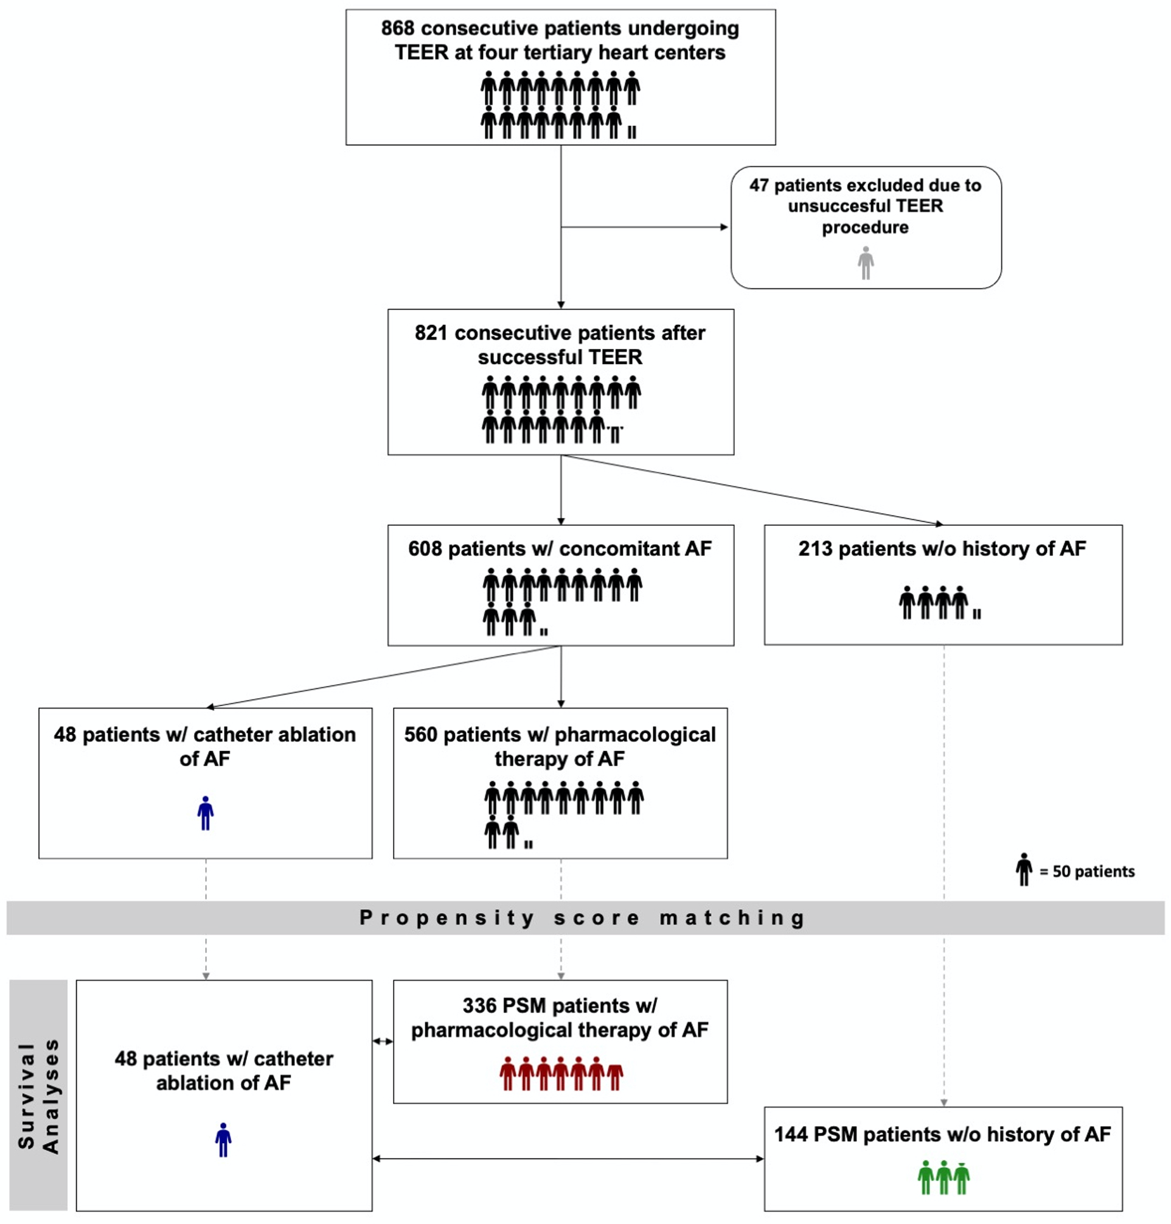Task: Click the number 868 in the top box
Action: pos(398,29)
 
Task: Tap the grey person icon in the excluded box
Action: pos(865,263)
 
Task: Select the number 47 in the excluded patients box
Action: pos(759,186)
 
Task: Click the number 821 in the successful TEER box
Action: pos(431,333)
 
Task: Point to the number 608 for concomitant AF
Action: pos(425,548)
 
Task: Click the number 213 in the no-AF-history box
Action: pos(815,548)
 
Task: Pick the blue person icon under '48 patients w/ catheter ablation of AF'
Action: pos(206,813)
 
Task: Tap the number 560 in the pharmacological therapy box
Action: pos(421,735)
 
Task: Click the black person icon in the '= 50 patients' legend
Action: pos(1024,869)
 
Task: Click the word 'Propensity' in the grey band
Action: pos(447,918)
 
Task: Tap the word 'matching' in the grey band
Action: pos(732,918)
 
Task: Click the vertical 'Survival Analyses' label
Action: pos(39,1096)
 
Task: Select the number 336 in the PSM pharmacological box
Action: pos(479,1005)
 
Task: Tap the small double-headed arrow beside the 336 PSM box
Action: pos(383,1041)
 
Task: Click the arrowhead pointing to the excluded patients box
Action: pos(724,226)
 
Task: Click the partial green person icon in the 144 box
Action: pos(962,1177)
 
